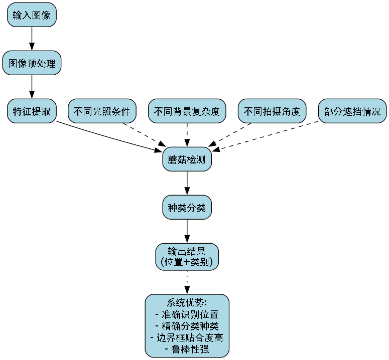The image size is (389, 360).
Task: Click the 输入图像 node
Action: tap(32, 15)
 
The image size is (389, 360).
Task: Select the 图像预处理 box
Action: tap(32, 63)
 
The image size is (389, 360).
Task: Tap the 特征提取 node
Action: tap(32, 111)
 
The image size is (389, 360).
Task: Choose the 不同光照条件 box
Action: tap(102, 111)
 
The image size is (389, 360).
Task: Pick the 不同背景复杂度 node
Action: tap(187, 111)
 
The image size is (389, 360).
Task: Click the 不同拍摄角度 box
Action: tap(273, 111)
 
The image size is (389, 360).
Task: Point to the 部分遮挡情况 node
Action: tap(352, 111)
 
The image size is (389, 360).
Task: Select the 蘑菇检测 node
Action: tap(187, 159)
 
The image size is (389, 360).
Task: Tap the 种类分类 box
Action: tap(187, 207)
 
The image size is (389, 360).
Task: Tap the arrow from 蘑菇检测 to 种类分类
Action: tap(187, 183)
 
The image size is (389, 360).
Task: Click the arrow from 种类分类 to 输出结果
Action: tap(187, 231)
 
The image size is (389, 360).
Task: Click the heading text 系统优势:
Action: tap(187, 303)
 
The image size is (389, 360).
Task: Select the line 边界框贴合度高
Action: tap(187, 337)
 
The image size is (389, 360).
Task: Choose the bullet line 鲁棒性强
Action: tap(187, 349)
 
